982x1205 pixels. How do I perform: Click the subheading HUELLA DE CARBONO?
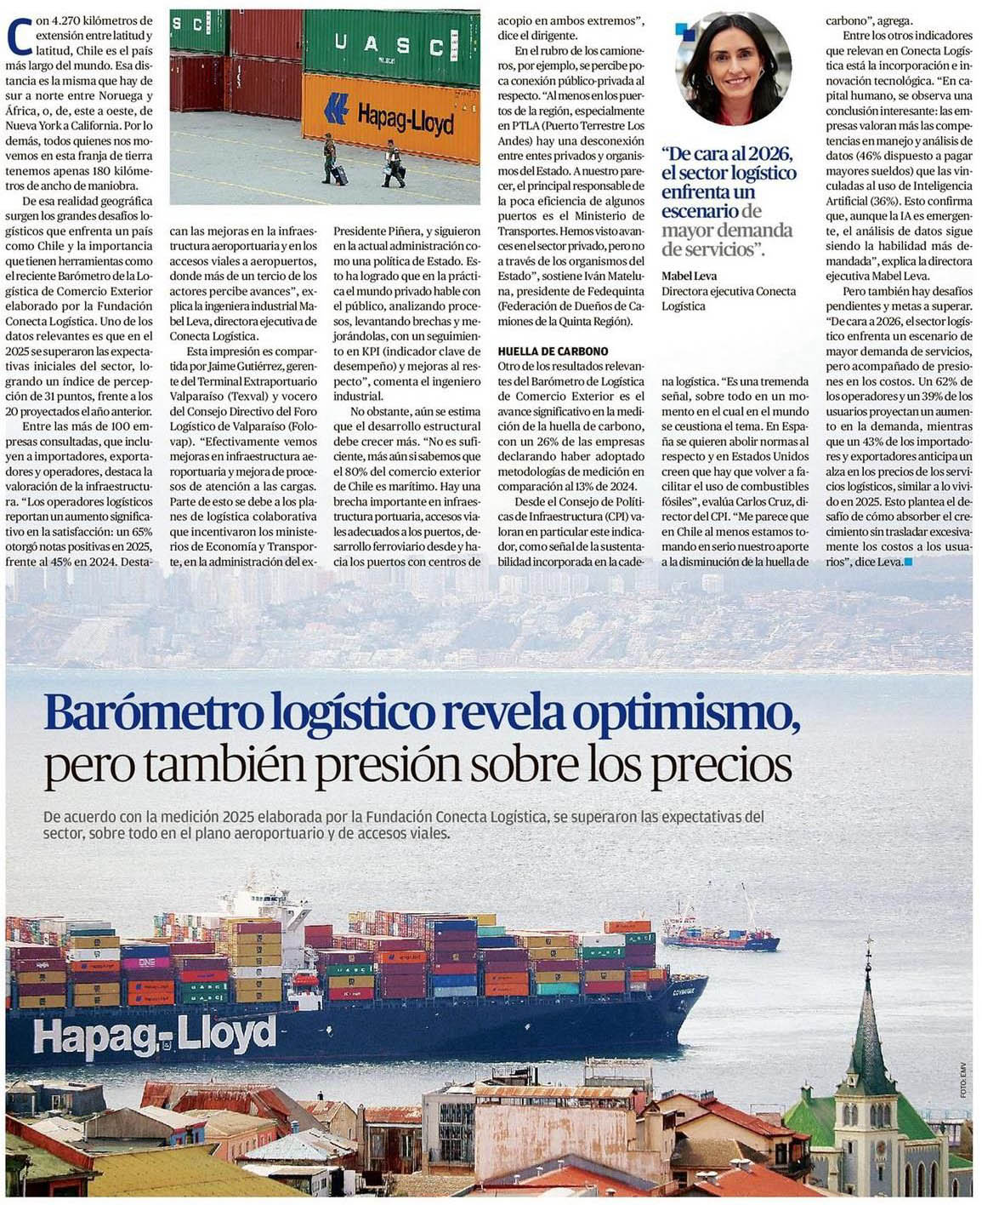[553, 351]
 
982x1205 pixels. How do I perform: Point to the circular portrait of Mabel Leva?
[733, 69]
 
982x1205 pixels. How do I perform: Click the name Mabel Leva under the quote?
[689, 276]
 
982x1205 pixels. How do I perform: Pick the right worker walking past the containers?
[393, 163]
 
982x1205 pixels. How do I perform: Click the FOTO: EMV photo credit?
[964, 1081]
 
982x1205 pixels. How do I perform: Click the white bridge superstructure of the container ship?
[255, 902]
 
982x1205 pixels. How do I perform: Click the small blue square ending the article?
[909, 562]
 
